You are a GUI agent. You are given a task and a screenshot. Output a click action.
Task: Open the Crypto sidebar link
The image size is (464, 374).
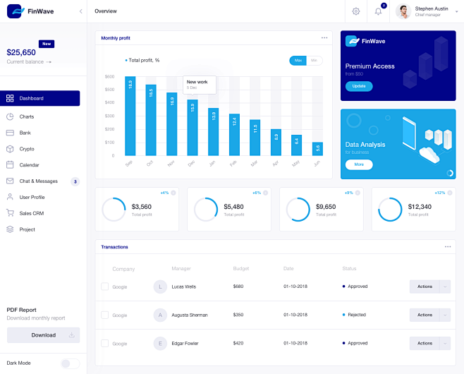pyautogui.click(x=27, y=149)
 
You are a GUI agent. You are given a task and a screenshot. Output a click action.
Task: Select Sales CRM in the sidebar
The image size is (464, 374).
pyautogui.click(x=31, y=212)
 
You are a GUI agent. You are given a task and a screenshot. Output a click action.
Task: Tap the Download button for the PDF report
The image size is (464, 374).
pyautogui.click(x=43, y=335)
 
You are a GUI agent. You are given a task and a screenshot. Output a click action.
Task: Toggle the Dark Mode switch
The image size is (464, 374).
pyautogui.click(x=69, y=363)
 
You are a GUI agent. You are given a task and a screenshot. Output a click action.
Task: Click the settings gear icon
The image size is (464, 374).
pyautogui.click(x=356, y=11)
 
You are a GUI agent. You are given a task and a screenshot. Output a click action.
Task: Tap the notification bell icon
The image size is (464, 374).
pyautogui.click(x=379, y=11)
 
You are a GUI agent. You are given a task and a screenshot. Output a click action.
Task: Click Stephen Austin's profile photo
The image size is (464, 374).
pyautogui.click(x=403, y=11)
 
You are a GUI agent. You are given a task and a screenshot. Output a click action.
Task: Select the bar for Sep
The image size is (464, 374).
pyautogui.click(x=130, y=116)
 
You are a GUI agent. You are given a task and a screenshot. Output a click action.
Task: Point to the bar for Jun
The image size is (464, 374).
pyautogui.click(x=317, y=149)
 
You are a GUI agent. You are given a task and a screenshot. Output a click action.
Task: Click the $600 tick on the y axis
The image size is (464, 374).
pyautogui.click(x=109, y=76)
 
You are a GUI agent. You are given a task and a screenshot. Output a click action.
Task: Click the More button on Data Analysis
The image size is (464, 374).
pyautogui.click(x=359, y=164)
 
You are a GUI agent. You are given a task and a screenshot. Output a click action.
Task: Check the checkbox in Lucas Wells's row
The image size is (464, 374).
pyautogui.click(x=104, y=286)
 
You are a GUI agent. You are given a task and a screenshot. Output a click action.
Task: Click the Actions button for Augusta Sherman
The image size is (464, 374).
pyautogui.click(x=425, y=315)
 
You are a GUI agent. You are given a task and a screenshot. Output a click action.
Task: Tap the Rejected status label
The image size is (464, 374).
pyautogui.click(x=357, y=315)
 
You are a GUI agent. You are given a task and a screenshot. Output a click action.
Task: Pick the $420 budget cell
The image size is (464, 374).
pyautogui.click(x=238, y=343)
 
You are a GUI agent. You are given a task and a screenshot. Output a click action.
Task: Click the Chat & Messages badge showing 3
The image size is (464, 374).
pyautogui.click(x=75, y=181)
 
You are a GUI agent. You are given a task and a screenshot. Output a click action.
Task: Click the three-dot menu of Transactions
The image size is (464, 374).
pyautogui.click(x=448, y=246)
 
